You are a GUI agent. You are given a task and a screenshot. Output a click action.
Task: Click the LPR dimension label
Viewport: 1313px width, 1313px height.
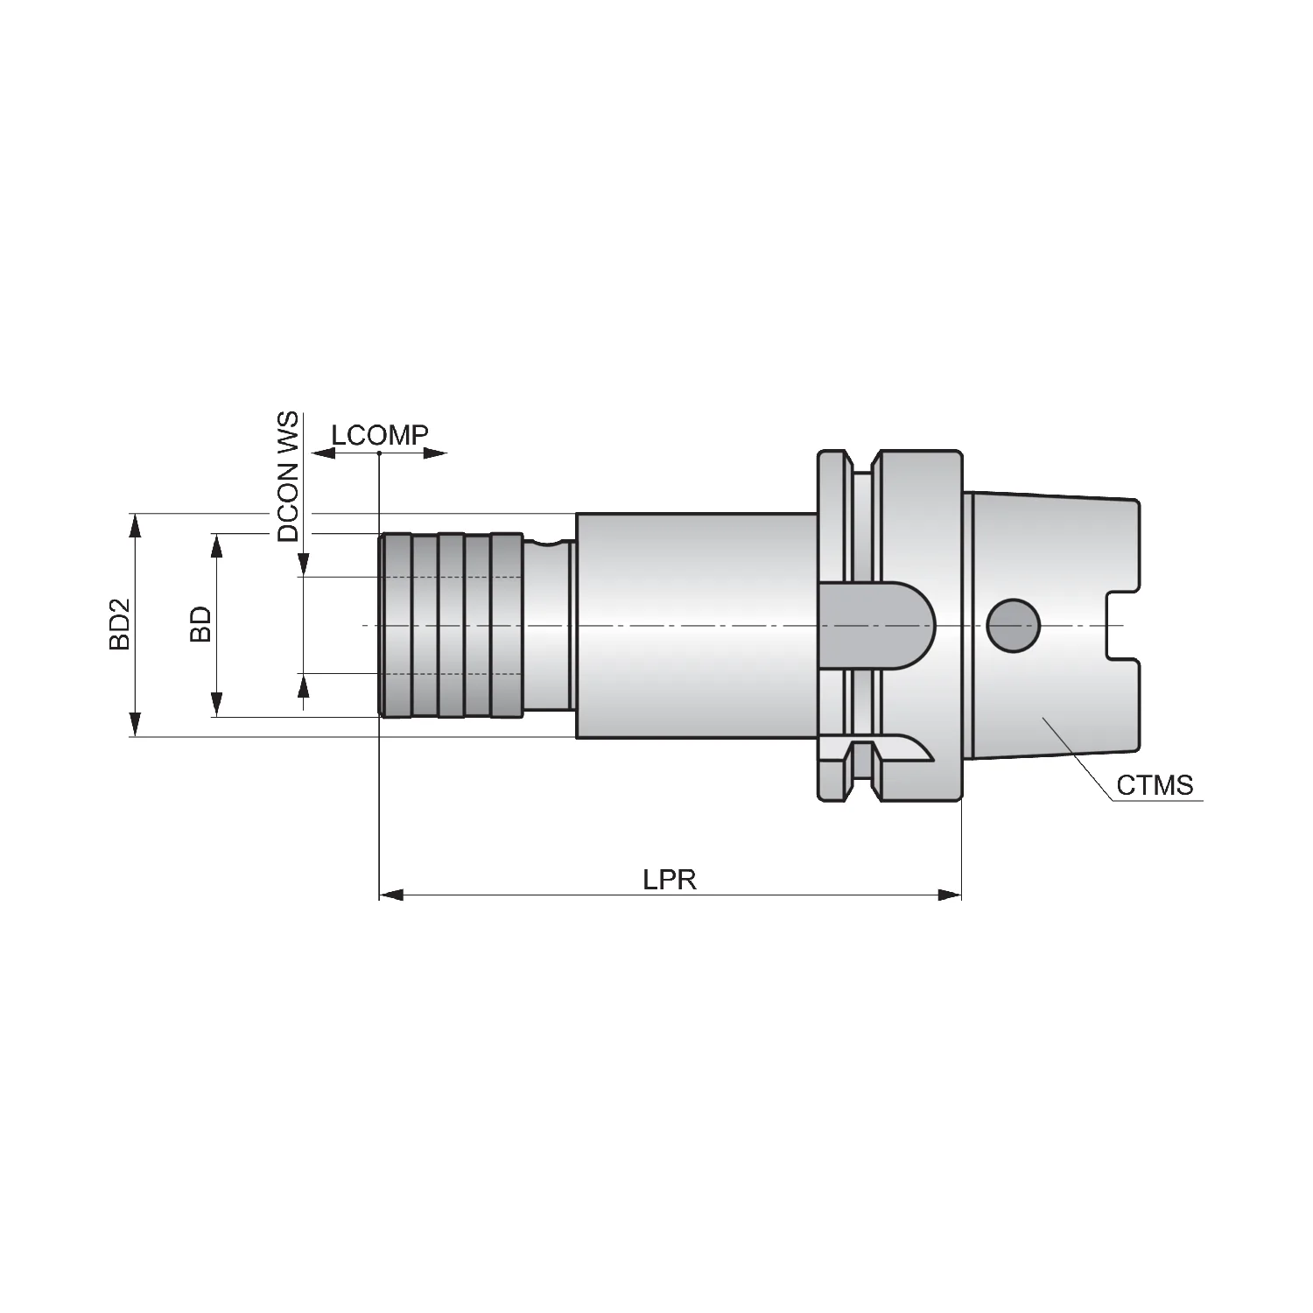[x=670, y=879]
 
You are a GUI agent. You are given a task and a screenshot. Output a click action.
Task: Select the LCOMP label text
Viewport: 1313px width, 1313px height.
[x=380, y=435]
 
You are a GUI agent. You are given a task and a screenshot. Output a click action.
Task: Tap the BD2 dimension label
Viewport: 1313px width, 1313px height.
[x=119, y=624]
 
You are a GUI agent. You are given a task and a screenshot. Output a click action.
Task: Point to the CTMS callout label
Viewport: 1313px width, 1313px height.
[x=1155, y=785]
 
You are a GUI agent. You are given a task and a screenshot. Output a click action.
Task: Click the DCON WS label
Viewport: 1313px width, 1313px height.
[x=288, y=477]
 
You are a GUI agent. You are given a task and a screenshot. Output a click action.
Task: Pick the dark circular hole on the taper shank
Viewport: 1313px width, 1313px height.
[x=1013, y=626]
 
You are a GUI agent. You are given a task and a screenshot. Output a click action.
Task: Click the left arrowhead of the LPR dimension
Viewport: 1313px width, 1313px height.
[x=391, y=895]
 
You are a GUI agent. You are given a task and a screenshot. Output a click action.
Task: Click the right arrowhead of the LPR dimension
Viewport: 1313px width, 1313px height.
[x=950, y=895]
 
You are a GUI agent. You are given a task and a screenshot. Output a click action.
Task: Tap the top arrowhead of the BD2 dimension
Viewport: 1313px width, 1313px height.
[x=135, y=526]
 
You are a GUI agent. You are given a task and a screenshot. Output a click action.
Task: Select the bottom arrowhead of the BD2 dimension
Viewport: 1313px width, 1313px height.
[x=135, y=724]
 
